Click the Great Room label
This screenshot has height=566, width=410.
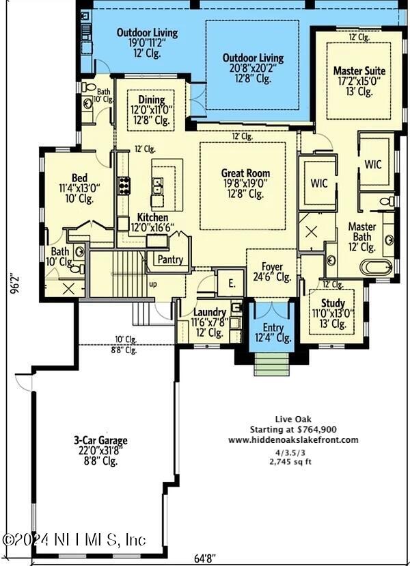click(x=245, y=173)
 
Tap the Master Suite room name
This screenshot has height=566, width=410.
click(x=359, y=70)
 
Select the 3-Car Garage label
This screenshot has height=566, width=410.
click(x=100, y=441)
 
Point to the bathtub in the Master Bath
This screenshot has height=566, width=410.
click(x=376, y=266)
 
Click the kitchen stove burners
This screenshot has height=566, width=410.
click(x=125, y=185)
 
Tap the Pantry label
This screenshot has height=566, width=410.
click(x=169, y=260)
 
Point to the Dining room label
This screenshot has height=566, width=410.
click(x=150, y=100)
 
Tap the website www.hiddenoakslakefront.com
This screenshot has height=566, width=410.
click(x=293, y=440)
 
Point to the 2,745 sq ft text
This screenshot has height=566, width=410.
click(x=294, y=462)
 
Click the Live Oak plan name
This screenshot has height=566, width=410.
click(x=294, y=418)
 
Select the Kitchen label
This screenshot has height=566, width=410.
click(x=152, y=217)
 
